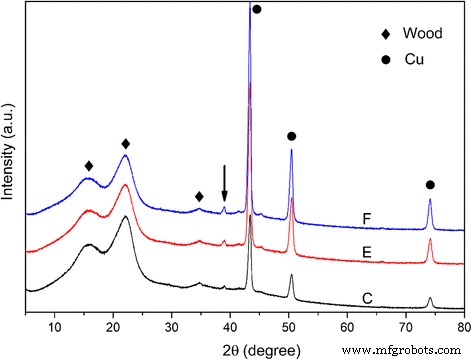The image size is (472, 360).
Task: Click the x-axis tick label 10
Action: click(55, 326)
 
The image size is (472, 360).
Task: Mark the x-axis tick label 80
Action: click(462, 326)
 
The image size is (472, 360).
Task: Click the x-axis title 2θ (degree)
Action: click(244, 346)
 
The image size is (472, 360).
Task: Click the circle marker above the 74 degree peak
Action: click(430, 184)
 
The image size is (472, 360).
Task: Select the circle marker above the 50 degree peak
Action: click(291, 135)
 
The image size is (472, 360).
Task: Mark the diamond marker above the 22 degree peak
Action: click(126, 144)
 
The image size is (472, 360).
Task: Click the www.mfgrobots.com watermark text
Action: click(410, 350)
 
